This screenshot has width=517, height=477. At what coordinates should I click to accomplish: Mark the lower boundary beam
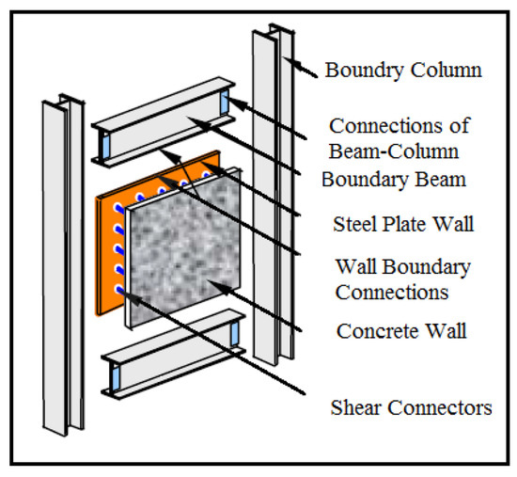pyautogui.click(x=169, y=353)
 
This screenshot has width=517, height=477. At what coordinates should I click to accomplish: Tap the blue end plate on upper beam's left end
pyautogui.click(x=105, y=146)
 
